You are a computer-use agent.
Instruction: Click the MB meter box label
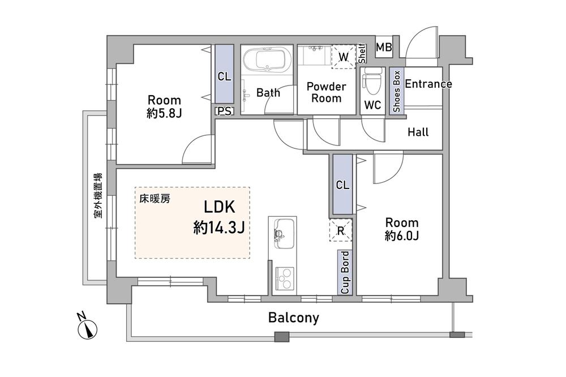click(384, 48)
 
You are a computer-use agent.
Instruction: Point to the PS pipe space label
click(224, 111)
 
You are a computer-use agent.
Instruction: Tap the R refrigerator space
click(341, 230)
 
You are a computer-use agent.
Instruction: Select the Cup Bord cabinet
click(345, 272)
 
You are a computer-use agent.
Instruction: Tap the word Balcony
click(293, 318)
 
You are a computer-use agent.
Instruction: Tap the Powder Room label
click(326, 92)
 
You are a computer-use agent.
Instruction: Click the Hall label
click(418, 132)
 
